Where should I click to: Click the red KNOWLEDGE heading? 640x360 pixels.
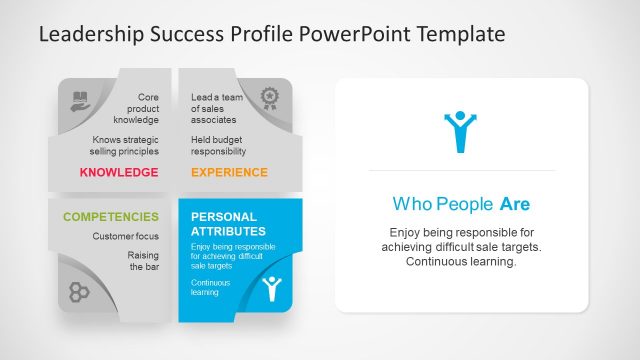118,172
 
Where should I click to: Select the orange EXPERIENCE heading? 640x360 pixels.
229,172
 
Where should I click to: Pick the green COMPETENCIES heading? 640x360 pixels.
110,216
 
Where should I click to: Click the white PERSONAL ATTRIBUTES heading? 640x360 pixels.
225,223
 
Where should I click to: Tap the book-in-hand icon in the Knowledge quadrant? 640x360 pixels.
80,99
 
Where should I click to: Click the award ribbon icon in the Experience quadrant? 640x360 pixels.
269,97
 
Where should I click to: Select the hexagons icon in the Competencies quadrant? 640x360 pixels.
80,292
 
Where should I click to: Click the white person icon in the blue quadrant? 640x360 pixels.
270,290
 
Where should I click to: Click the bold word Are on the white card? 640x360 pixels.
515,205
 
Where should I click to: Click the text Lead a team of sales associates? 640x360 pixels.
217,109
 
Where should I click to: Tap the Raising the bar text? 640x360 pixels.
143,261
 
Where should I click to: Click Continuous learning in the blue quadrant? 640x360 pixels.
210,288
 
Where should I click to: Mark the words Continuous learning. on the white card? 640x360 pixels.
460,262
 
